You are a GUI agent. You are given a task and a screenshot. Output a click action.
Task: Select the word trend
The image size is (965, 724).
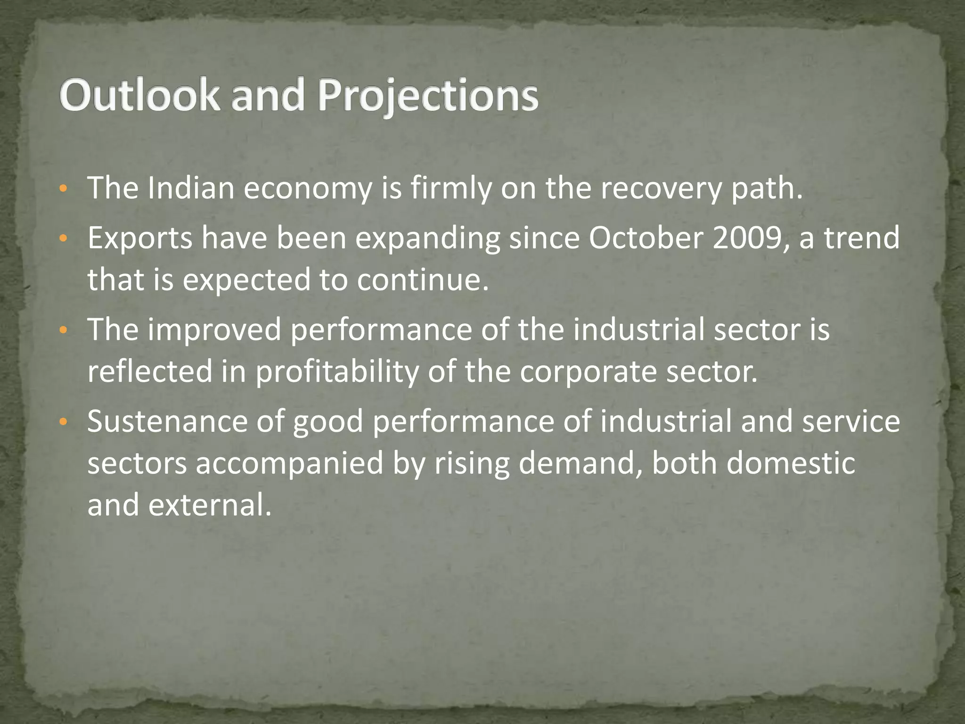(x=862, y=238)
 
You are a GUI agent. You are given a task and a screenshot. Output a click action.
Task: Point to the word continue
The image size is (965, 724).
(x=422, y=280)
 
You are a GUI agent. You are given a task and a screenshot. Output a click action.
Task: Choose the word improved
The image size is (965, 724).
(x=214, y=330)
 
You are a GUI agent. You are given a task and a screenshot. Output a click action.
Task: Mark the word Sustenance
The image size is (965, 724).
(x=167, y=421)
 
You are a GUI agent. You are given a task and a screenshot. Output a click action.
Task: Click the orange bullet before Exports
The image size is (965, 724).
(x=63, y=239)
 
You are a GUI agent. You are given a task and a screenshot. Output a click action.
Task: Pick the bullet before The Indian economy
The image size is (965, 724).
(x=63, y=189)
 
